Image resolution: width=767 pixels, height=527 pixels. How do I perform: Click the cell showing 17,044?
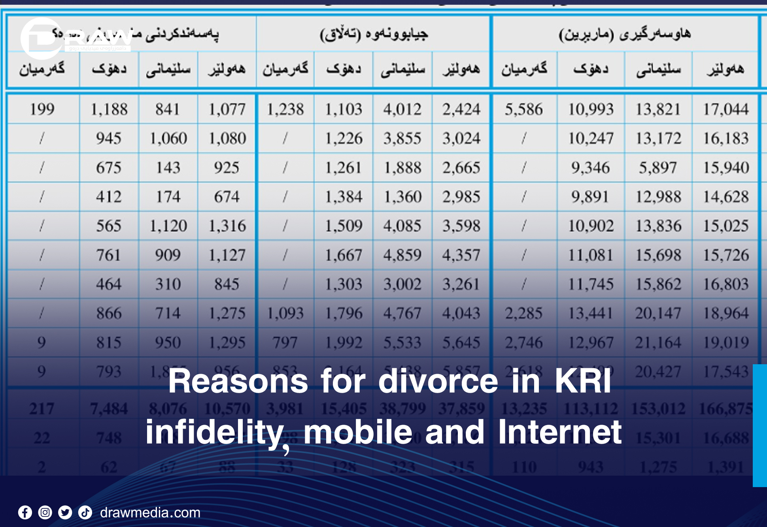click(x=725, y=109)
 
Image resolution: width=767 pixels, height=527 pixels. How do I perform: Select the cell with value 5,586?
click(x=523, y=109)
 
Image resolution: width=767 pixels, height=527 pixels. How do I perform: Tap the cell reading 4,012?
click(x=402, y=109)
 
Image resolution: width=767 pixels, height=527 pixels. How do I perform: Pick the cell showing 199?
click(x=42, y=109)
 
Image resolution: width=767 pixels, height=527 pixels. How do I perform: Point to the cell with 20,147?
click(x=658, y=313)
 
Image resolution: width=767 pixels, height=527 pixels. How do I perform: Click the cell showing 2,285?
click(x=523, y=313)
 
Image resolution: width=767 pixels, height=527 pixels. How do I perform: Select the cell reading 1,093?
click(x=285, y=313)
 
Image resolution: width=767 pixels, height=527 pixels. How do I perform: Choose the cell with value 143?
click(x=168, y=168)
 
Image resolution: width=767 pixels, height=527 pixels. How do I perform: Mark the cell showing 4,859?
click(x=402, y=255)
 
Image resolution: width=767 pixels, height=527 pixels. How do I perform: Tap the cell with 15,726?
click(x=725, y=255)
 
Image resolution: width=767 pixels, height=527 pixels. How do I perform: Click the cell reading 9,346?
click(x=590, y=168)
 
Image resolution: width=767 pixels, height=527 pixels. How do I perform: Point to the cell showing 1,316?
click(x=227, y=226)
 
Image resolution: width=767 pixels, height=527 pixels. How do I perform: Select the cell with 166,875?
click(x=725, y=409)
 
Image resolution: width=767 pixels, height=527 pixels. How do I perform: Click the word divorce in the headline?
click(x=438, y=381)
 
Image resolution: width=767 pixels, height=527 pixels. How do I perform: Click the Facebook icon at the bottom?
click(x=25, y=513)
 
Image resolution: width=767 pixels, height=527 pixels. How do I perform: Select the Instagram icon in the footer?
click(x=45, y=513)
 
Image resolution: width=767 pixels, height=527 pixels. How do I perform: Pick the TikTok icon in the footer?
click(x=85, y=513)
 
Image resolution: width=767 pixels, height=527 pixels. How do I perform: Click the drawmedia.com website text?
click(x=150, y=513)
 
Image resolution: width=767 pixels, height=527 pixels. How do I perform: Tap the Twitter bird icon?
click(x=65, y=513)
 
